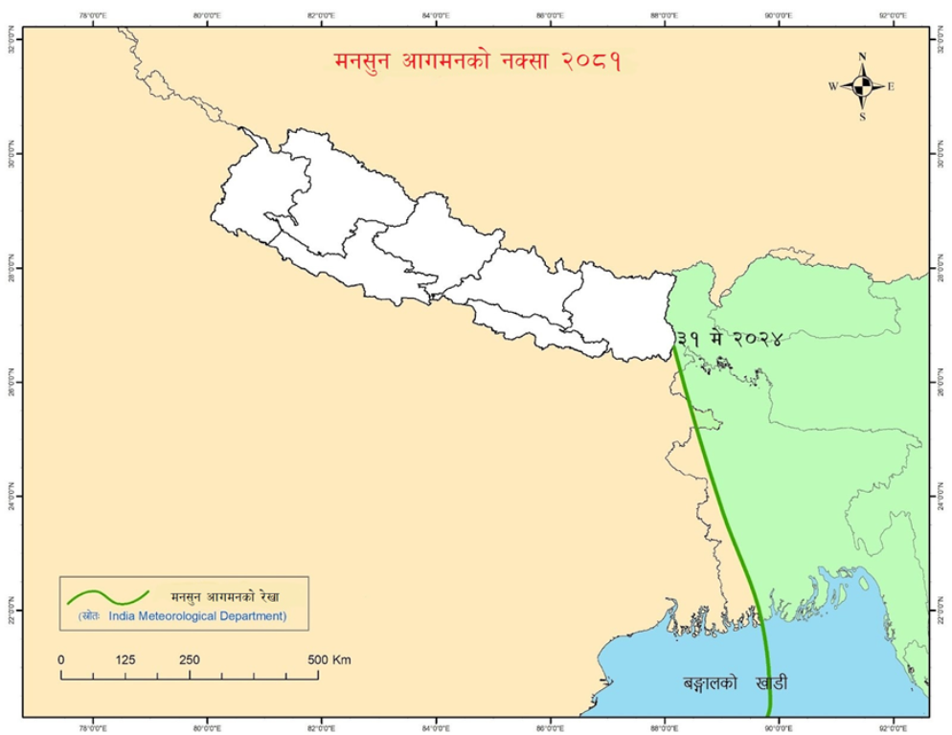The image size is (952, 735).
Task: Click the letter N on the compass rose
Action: pos(863,56)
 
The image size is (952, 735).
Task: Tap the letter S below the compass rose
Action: pos(863,117)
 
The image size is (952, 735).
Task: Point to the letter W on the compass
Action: pos(833,87)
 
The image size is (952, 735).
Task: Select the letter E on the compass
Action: pos(891,87)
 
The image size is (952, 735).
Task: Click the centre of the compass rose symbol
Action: pos(863,86)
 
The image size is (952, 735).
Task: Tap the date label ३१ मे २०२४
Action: pos(729,338)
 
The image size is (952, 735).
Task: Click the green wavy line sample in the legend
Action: pos(107,597)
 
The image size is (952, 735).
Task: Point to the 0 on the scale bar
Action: pos(61,660)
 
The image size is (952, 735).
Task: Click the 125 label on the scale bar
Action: pos(125,660)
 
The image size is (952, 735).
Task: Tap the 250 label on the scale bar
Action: pos(189,660)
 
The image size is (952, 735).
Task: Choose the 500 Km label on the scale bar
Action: pos(329,660)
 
